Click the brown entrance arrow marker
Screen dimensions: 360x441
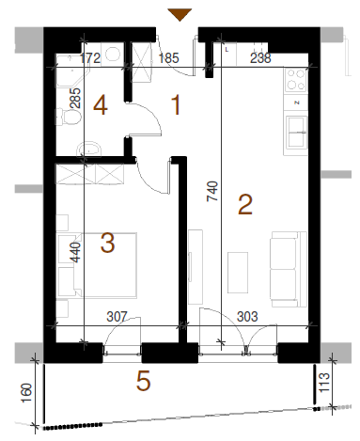coord(180,14)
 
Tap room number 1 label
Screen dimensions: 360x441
coord(177,105)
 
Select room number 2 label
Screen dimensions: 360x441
coord(245,204)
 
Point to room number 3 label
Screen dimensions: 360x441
coord(107,243)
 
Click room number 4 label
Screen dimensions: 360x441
coord(101,105)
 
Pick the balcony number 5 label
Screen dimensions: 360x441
coord(143,381)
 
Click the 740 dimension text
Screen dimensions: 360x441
coord(212,191)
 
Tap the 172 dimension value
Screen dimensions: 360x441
coord(90,58)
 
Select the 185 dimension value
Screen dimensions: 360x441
coord(169,58)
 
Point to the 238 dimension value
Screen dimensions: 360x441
coord(260,58)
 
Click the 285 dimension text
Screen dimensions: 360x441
coord(75,98)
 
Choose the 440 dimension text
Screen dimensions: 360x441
coord(75,252)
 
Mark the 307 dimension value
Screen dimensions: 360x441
coord(117,317)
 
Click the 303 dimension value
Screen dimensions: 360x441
coord(247,317)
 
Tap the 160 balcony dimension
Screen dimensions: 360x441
coord(26,393)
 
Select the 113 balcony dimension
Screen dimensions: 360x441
coord(324,382)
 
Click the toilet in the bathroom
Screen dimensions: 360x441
coord(69,117)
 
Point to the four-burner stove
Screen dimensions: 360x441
coord(295,80)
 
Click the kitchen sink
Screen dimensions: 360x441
coord(296,132)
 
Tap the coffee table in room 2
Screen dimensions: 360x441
coord(238,273)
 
